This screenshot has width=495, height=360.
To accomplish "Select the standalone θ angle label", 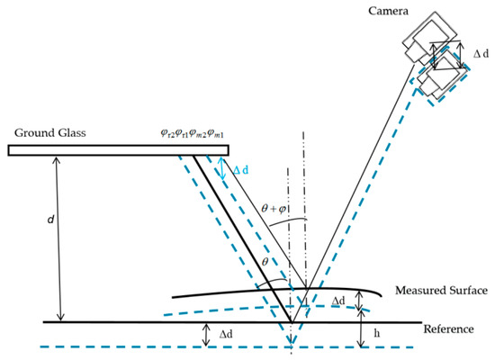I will pos(264,261).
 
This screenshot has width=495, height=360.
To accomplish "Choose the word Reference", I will pos(447,329).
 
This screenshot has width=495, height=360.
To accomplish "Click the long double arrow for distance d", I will pos(59,238).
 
